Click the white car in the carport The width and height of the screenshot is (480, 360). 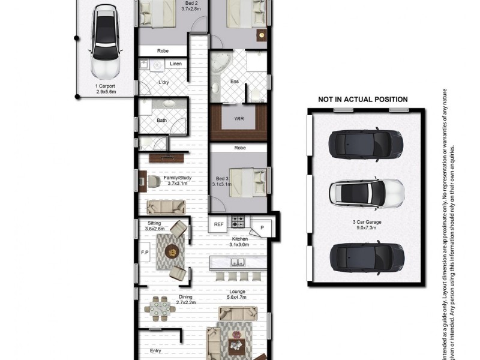pyautogui.click(x=105, y=45)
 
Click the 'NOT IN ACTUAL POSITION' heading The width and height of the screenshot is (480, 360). pyautogui.click(x=362, y=100)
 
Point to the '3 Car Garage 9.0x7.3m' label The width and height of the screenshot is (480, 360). pyautogui.click(x=368, y=226)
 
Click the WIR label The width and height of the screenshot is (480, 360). pyautogui.click(x=239, y=119)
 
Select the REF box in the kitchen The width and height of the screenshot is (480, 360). pyautogui.click(x=218, y=224)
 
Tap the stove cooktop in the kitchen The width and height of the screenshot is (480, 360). pyautogui.click(x=239, y=223)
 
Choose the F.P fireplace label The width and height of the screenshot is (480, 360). pyautogui.click(x=145, y=253)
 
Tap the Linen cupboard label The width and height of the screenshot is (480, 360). pyautogui.click(x=176, y=64)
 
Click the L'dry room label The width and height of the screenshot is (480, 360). pyautogui.click(x=163, y=83)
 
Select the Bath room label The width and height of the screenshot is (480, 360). pyautogui.click(x=162, y=120)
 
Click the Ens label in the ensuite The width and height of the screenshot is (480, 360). pyautogui.click(x=235, y=82)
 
